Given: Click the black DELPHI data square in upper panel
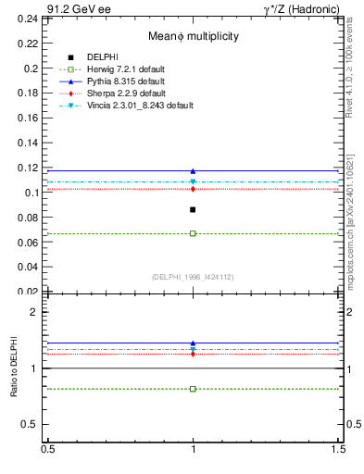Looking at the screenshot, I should pyautogui.click(x=193, y=209).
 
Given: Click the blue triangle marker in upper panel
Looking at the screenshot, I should pyautogui.click(x=193, y=171).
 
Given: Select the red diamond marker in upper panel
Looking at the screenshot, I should pyautogui.click(x=193, y=189).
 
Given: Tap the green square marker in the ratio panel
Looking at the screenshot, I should pyautogui.click(x=193, y=389).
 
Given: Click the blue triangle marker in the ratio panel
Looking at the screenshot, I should pyautogui.click(x=193, y=343).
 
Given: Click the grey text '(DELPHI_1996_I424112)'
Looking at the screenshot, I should pyautogui.click(x=193, y=276).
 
